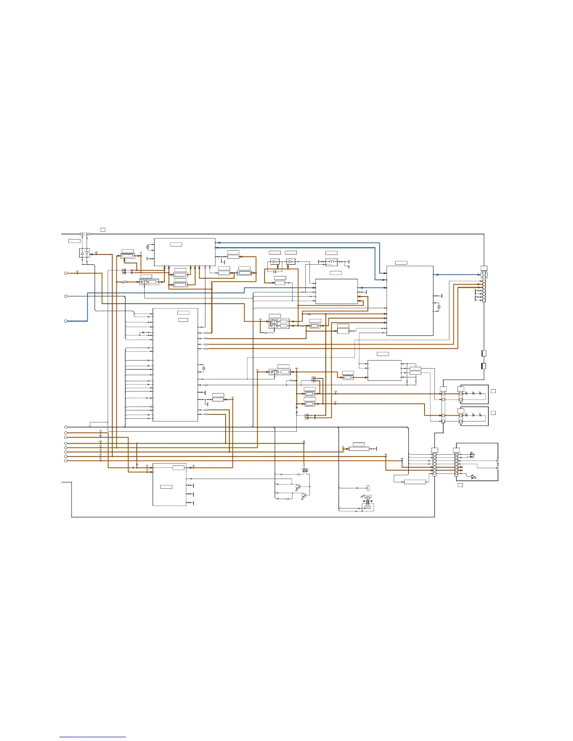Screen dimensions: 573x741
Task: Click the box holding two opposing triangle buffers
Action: [x=84, y=253]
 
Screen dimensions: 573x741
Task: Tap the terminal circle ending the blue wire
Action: [x=66, y=321]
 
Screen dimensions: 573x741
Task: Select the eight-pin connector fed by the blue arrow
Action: [x=484, y=285]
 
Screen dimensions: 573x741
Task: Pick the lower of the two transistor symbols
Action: [x=304, y=495]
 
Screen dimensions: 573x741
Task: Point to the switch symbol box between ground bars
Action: [x=331, y=262]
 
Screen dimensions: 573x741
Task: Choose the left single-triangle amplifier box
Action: [x=275, y=262]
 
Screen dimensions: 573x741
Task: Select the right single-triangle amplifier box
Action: [x=291, y=262]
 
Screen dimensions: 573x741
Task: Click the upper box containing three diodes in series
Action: [x=474, y=394]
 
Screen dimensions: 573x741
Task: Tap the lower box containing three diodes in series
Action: [x=474, y=416]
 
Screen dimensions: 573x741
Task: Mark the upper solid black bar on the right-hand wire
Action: [x=484, y=354]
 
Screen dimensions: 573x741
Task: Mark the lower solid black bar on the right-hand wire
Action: [x=484, y=366]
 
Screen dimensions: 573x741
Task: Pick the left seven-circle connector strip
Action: [x=434, y=463]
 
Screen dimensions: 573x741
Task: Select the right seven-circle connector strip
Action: [x=456, y=463]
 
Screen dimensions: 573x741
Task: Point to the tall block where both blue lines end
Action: [x=410, y=300]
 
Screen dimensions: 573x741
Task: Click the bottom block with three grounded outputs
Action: [x=169, y=485]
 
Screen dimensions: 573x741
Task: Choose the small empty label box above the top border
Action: [x=103, y=229]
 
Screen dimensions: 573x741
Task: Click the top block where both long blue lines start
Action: [x=184, y=252]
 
